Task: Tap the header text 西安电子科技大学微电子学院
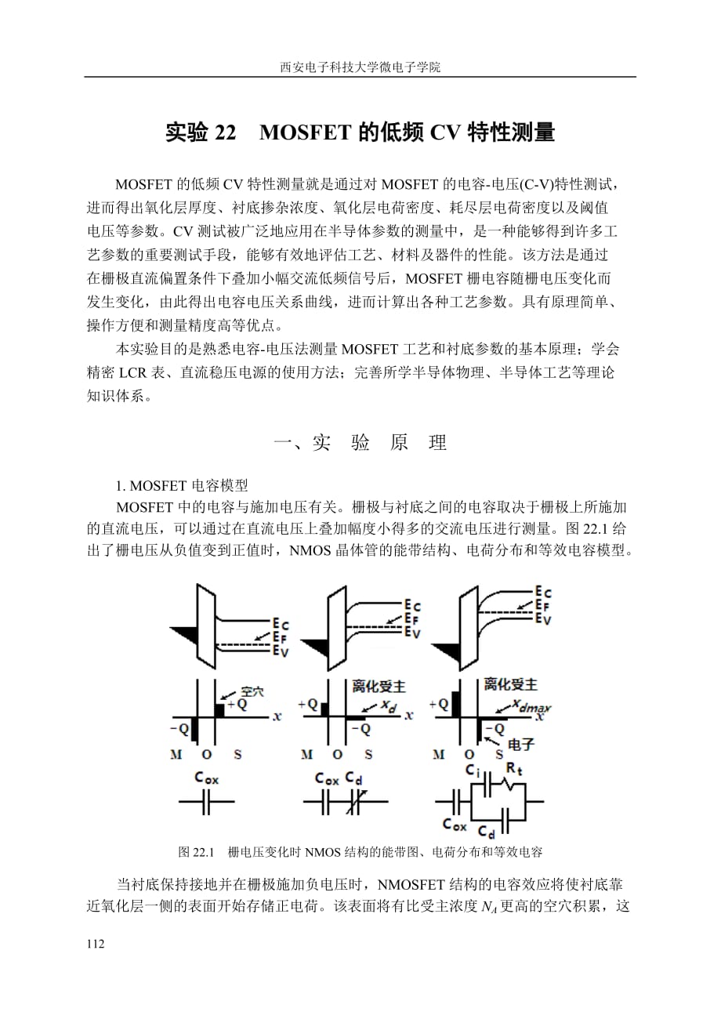(360, 67)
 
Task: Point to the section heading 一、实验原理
(360, 443)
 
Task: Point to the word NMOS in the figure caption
(321, 852)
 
